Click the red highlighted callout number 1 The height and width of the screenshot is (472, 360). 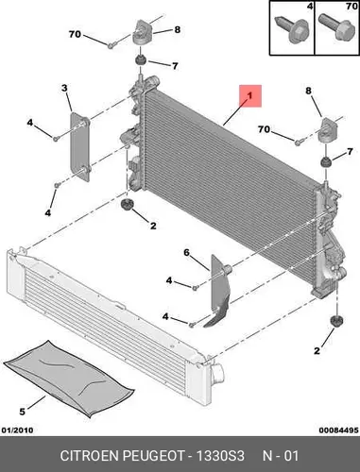(250, 95)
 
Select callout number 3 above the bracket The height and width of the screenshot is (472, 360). (64, 88)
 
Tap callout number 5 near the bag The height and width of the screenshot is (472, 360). (22, 412)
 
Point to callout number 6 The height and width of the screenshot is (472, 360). (186, 252)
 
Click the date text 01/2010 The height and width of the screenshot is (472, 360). (18, 430)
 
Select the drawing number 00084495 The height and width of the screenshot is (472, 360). (338, 430)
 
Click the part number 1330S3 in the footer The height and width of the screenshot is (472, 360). (220, 456)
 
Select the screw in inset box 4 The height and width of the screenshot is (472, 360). (292, 28)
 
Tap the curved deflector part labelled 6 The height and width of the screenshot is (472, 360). (220, 291)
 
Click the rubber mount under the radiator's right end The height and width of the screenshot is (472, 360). (336, 321)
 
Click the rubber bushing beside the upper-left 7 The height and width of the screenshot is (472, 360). (140, 59)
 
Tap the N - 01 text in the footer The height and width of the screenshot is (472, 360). (281, 456)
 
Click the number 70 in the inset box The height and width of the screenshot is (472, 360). (351, 6)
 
